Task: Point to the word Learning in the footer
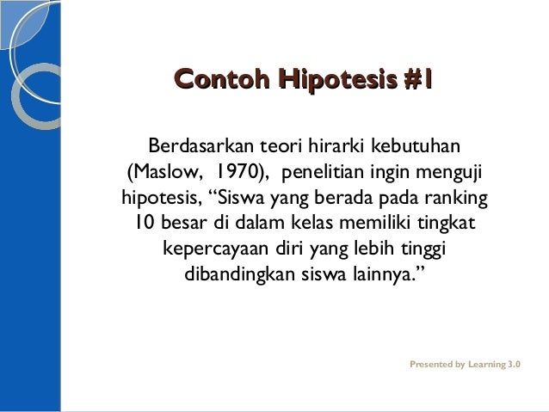point(486,365)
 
